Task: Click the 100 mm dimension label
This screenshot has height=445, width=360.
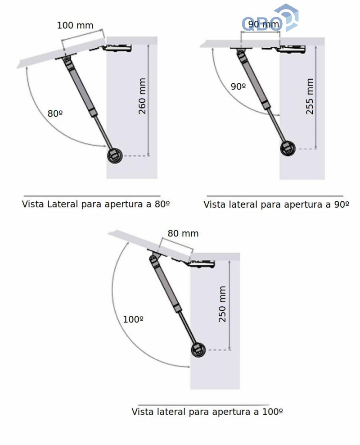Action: [x=75, y=25]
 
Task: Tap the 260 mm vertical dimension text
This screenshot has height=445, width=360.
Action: [x=142, y=96]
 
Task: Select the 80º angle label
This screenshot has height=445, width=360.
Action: [x=55, y=114]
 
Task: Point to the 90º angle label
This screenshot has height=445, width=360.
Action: [x=238, y=86]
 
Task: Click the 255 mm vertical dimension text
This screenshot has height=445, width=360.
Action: [x=310, y=96]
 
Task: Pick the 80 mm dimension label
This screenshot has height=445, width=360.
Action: [x=183, y=233]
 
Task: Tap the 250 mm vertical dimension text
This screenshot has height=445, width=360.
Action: [x=222, y=304]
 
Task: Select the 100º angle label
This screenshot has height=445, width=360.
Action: [x=133, y=319]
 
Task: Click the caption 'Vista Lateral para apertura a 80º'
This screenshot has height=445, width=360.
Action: [x=96, y=204]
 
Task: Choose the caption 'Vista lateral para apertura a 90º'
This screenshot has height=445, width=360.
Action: [x=276, y=204]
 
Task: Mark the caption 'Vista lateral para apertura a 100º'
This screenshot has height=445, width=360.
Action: [x=207, y=412]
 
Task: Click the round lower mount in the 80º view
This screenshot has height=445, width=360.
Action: [x=115, y=155]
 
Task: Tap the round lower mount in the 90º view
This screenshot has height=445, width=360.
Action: [x=288, y=149]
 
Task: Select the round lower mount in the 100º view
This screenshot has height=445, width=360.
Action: [x=199, y=350]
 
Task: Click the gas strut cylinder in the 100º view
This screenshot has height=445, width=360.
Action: [x=165, y=284]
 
